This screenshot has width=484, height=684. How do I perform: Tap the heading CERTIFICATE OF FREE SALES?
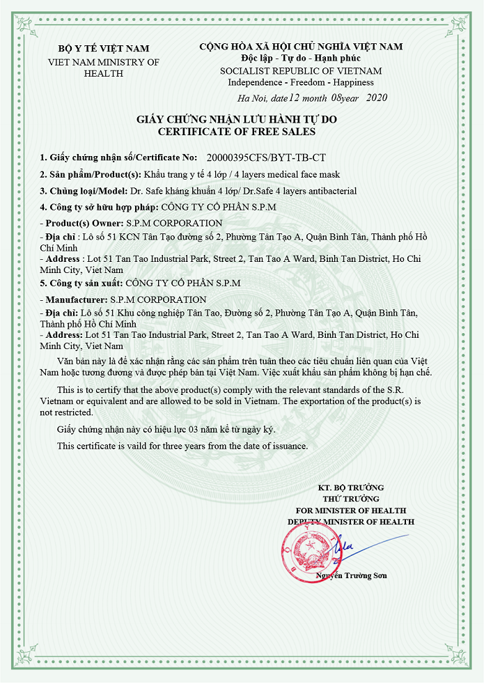[x=237, y=131]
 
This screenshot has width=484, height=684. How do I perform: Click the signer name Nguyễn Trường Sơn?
[x=351, y=575]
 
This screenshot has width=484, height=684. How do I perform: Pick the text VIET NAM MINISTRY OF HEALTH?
[x=103, y=68]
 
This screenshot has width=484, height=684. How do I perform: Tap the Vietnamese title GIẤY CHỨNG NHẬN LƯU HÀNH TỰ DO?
[x=237, y=120]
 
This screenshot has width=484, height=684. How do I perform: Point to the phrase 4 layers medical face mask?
[x=290, y=174]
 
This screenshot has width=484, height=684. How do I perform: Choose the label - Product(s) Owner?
[x=81, y=223]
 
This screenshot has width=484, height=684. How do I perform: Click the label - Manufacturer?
[x=75, y=300]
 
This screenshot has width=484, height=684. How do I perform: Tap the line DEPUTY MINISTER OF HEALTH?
[x=351, y=521]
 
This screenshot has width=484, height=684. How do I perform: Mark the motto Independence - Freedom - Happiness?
[x=301, y=82]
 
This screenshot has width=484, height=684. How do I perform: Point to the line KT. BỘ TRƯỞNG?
[x=351, y=488]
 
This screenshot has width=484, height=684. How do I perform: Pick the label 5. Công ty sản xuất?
[x=81, y=283]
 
